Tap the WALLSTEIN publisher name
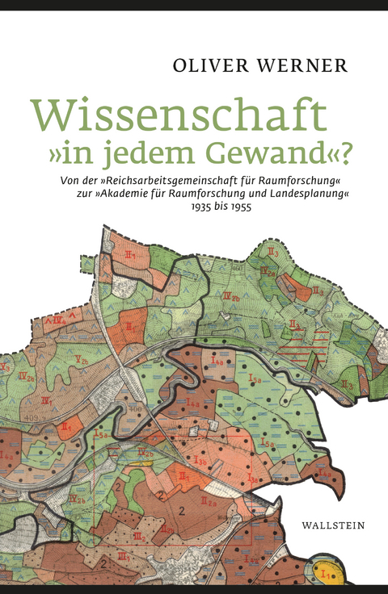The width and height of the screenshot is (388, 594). tap(332, 524)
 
